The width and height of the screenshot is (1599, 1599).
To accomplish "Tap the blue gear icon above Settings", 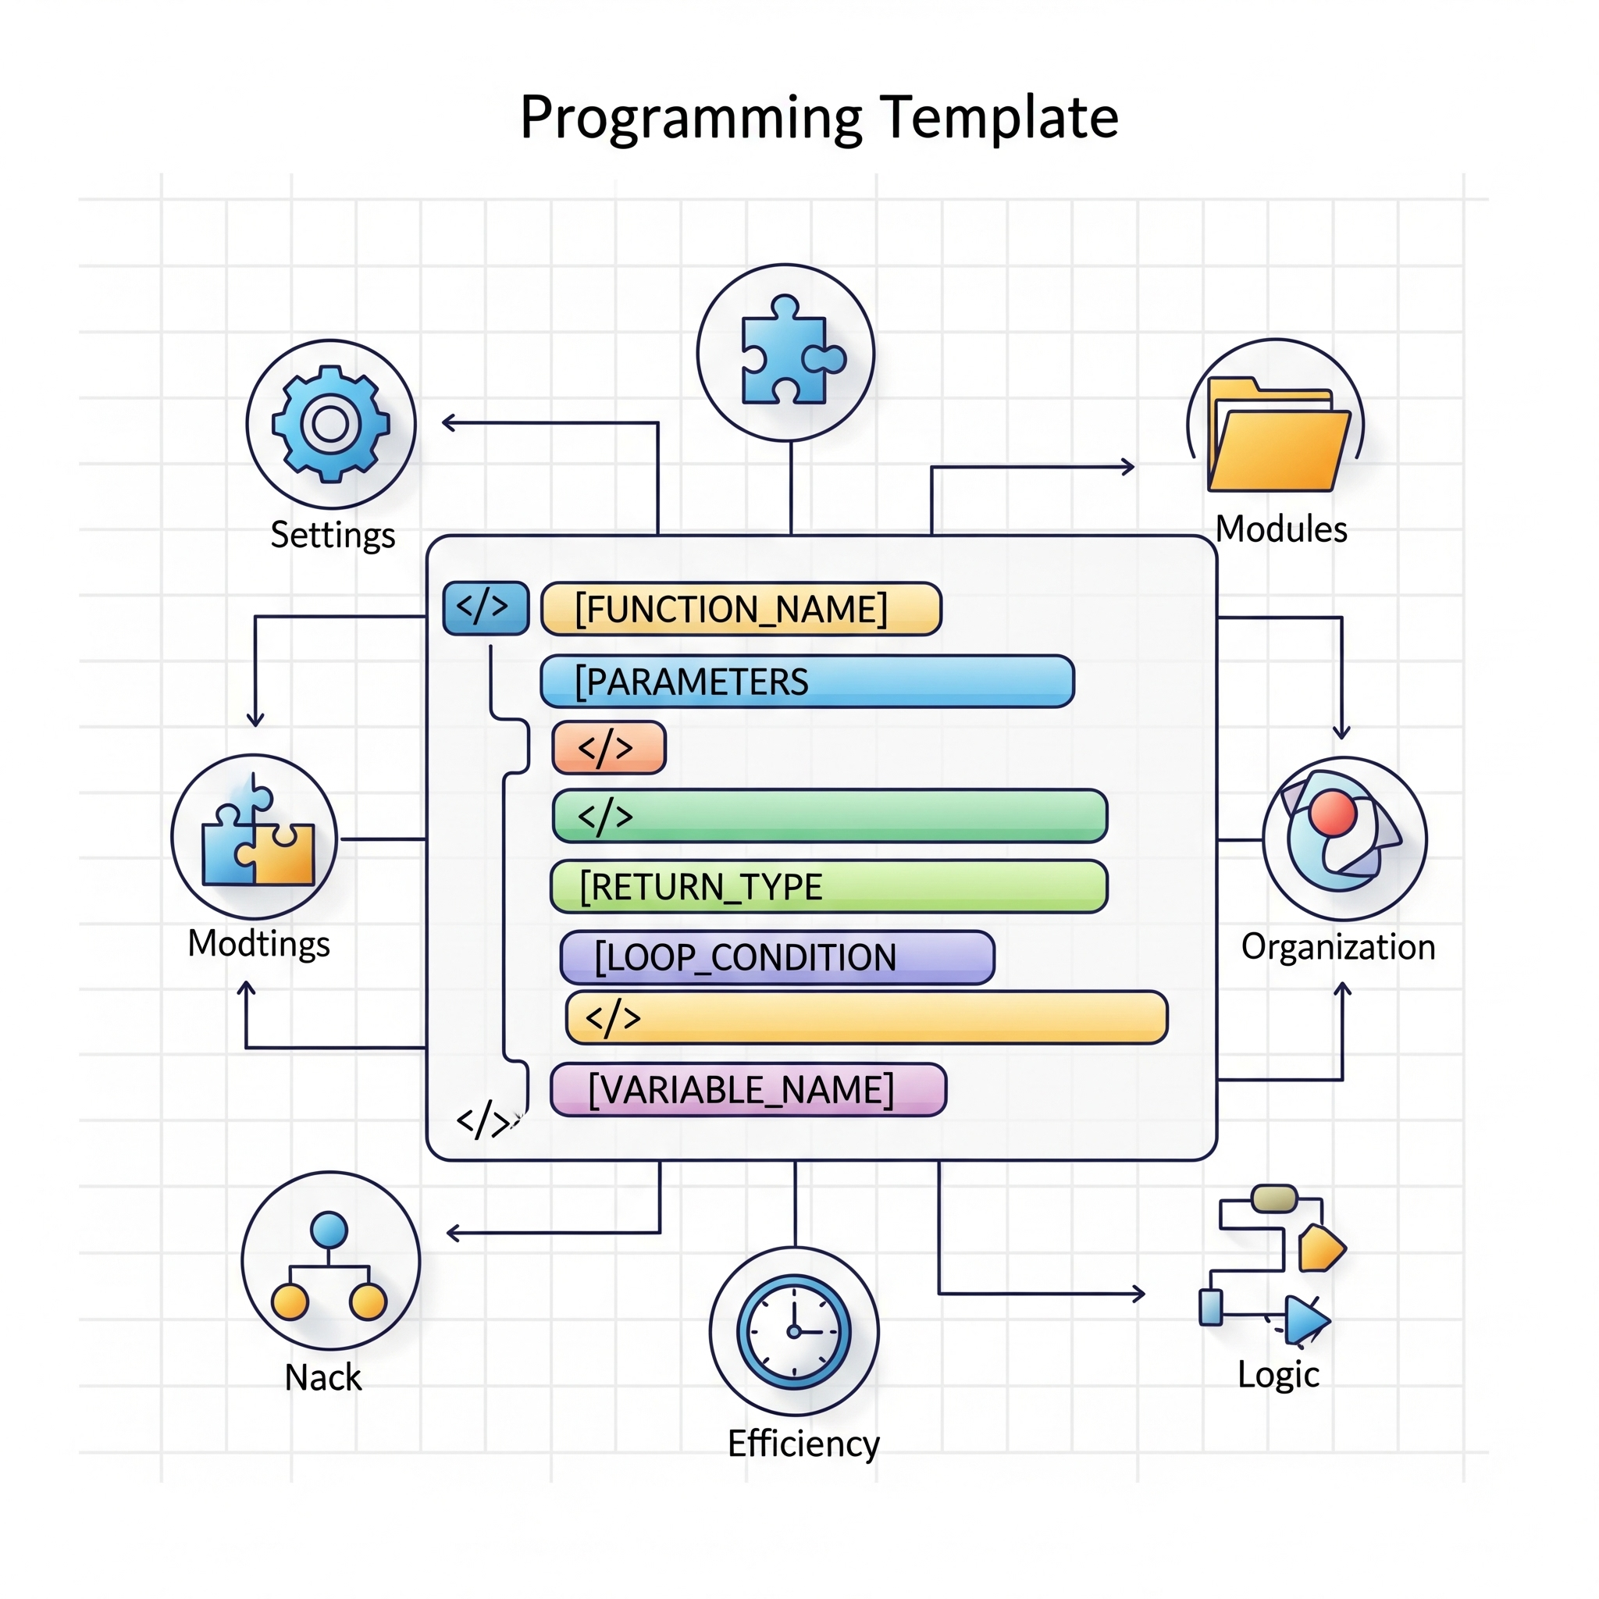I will click(330, 424).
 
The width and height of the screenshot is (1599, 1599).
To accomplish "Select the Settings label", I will click(333, 535).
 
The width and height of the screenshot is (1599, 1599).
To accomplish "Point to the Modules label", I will click(1280, 529).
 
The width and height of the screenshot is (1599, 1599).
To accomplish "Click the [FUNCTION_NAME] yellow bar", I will click(741, 609).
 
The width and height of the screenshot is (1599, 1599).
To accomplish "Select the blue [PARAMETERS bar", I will click(807, 682).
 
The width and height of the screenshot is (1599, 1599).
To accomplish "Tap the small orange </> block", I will click(608, 748).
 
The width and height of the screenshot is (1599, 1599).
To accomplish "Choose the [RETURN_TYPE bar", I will click(828, 887).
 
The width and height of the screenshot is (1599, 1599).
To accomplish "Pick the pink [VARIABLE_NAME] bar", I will click(747, 1090).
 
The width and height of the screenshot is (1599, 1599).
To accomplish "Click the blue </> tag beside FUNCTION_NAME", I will click(485, 608).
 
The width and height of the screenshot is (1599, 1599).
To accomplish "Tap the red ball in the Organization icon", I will click(1333, 813).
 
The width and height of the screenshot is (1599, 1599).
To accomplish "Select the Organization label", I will click(1337, 947).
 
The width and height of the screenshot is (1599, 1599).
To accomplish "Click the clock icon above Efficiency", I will click(794, 1332).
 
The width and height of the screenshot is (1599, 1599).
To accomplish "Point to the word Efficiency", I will click(803, 1444).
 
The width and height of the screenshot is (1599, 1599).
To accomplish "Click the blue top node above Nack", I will click(329, 1230).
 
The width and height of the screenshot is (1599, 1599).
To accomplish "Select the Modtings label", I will click(258, 943).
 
